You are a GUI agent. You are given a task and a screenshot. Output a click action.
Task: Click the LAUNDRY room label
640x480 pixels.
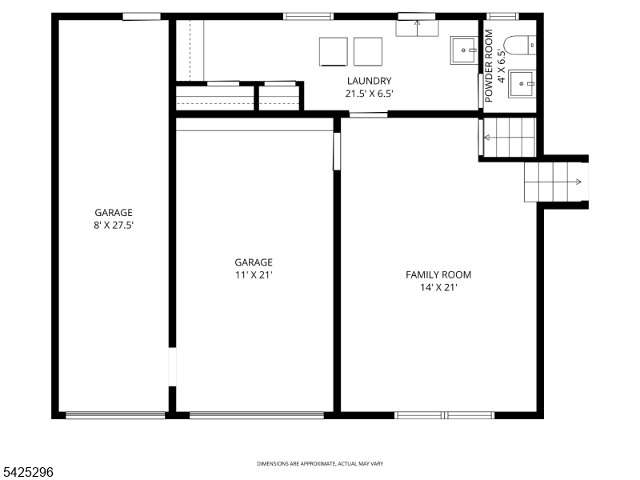coord(369,81)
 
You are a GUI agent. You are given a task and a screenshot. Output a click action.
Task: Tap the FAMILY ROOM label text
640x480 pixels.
coord(438,274)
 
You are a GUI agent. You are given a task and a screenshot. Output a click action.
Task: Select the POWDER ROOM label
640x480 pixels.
coord(489,66)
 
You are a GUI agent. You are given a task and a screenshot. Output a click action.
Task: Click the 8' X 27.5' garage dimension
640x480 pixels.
coord(114,225)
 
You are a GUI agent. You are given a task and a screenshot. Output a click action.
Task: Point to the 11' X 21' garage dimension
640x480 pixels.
coord(254,274)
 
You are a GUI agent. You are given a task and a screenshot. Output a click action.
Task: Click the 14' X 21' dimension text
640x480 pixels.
coord(438,287)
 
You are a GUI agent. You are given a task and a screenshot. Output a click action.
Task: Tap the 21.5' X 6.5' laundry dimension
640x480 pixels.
coord(369,94)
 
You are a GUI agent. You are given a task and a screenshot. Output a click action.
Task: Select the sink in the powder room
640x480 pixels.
coord(522,84)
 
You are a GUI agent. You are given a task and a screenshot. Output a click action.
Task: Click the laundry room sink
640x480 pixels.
coord(464,50)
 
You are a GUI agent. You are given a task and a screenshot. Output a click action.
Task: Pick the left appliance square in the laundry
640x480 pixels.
coord(334,52)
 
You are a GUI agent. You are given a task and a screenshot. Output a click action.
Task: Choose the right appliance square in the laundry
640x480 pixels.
coord(368,52)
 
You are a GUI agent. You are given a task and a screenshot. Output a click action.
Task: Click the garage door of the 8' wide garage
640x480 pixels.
coord(115,415)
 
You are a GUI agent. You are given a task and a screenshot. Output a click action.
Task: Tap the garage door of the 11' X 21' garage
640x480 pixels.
coord(257,415)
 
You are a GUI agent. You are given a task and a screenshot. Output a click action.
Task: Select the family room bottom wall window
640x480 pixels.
coord(445,415)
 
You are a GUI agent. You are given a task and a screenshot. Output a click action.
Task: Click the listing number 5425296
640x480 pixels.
coord(27,472)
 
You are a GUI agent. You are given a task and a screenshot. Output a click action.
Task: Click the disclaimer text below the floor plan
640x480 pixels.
coord(320,464)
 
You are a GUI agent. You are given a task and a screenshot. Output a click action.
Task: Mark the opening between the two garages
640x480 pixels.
coord(172,367)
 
